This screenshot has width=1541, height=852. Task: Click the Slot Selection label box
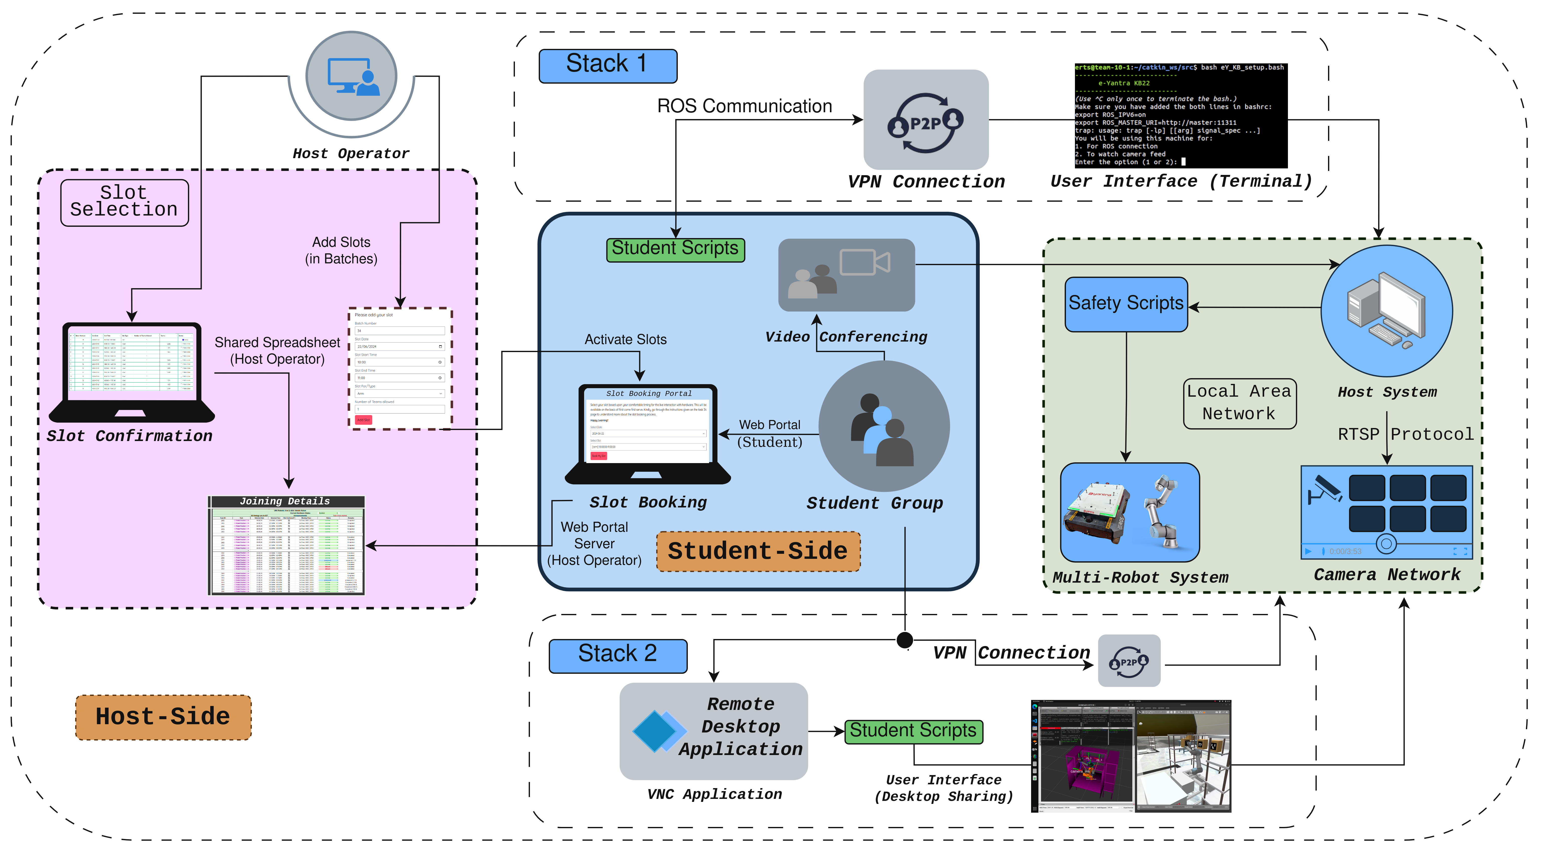pos(125,202)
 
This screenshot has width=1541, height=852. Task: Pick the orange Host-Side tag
pos(163,717)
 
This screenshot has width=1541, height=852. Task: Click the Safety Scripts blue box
pos(1126,304)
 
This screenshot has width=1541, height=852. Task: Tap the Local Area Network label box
pos(1240,403)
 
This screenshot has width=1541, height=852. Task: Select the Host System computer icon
pos(1386,311)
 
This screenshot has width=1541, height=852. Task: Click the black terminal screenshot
pos(1180,116)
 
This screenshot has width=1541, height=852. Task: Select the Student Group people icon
pos(883,427)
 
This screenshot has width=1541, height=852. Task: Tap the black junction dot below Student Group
pos(905,640)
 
